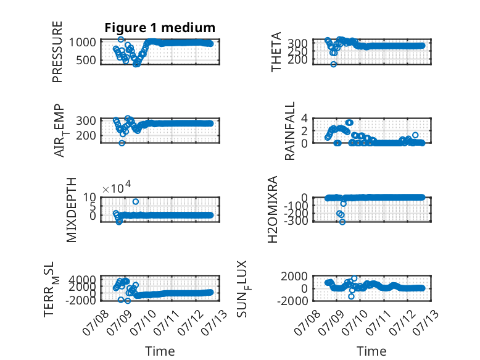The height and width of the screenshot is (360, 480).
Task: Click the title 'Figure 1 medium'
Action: (x=160, y=28)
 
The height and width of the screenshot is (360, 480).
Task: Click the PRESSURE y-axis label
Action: (x=57, y=52)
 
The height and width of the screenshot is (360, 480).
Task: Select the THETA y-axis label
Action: (x=276, y=52)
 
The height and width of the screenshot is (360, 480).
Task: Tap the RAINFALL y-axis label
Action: (x=289, y=131)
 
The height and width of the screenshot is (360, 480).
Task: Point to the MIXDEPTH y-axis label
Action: (x=71, y=210)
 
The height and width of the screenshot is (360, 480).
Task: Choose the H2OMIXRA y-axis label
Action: (x=273, y=209)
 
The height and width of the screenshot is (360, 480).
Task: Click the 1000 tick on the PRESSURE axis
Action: (x=82, y=42)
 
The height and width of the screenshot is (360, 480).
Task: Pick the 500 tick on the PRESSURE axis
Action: (x=86, y=61)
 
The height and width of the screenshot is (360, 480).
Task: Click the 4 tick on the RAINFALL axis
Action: (x=304, y=118)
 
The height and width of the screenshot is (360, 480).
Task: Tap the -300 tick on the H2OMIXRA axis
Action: (x=296, y=220)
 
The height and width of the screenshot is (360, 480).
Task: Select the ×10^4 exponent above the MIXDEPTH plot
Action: (x=117, y=187)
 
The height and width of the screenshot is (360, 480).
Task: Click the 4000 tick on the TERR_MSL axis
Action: (x=82, y=279)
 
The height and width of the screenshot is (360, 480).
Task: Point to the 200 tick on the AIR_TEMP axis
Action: (x=86, y=135)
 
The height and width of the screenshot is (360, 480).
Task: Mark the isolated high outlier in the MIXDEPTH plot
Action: (x=136, y=201)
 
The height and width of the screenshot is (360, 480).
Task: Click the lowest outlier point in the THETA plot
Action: (x=334, y=64)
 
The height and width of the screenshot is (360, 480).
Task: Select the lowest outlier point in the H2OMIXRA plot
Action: (x=342, y=222)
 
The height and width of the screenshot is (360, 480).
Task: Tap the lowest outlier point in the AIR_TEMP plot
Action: (x=122, y=143)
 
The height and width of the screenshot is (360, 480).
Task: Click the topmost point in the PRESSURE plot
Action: (x=121, y=40)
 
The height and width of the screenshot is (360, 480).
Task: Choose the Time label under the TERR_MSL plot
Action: (x=160, y=351)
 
